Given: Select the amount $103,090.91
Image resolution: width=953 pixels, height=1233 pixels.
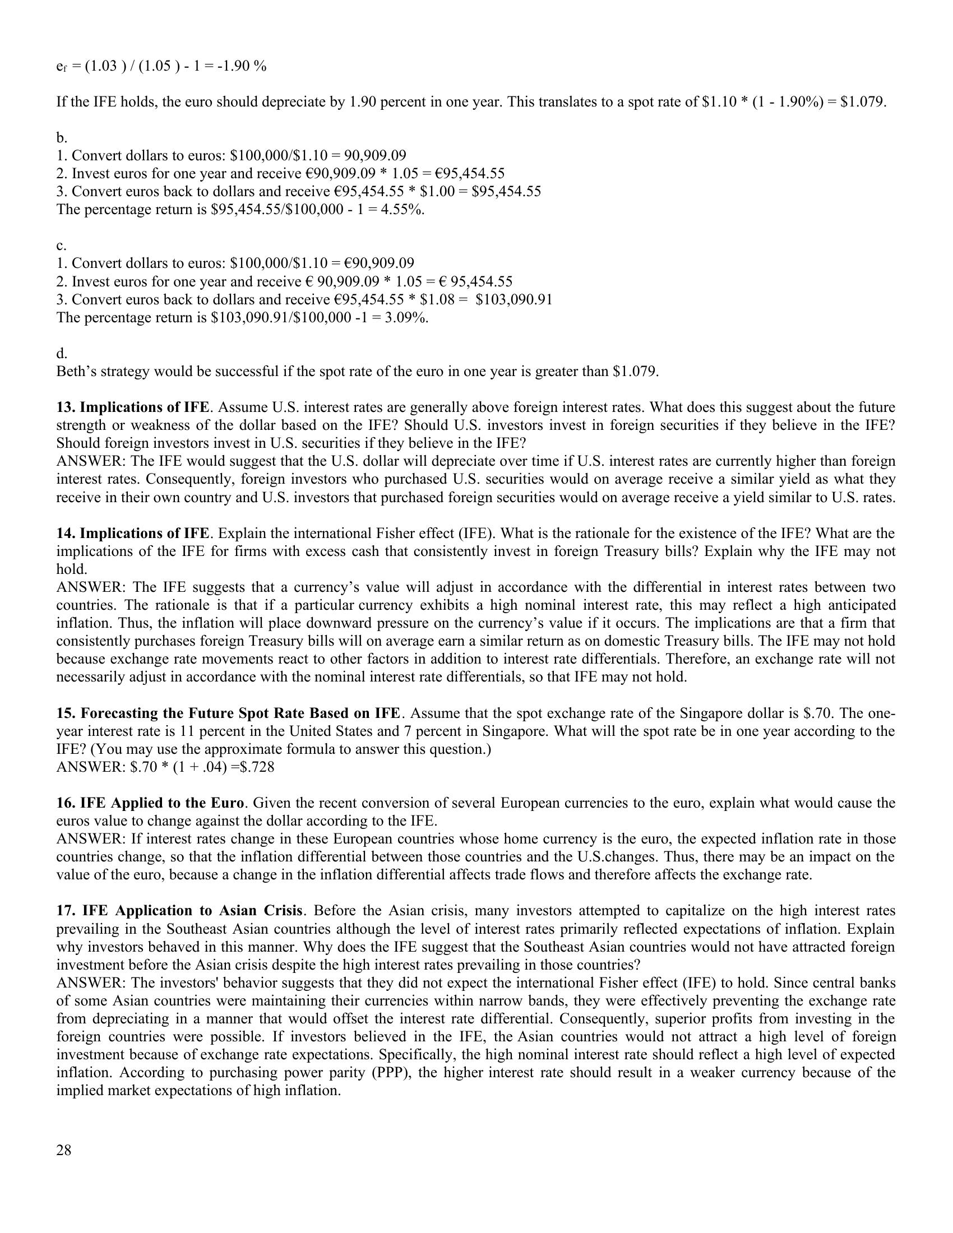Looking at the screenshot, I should pyautogui.click(x=513, y=299).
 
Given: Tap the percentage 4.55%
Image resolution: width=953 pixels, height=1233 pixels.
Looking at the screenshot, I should pyautogui.click(x=407, y=210).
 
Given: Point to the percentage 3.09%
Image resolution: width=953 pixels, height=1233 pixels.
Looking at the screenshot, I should pyautogui.click(x=411, y=317).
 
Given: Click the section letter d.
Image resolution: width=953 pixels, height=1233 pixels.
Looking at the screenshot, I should pyautogui.click(x=62, y=354).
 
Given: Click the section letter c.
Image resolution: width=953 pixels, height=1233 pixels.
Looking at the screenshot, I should pyautogui.click(x=61, y=245).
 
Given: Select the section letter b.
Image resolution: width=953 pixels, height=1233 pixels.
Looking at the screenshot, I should pyautogui.click(x=62, y=138).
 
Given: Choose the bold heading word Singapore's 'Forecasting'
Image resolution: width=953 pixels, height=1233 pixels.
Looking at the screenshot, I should pyautogui.click(x=117, y=713).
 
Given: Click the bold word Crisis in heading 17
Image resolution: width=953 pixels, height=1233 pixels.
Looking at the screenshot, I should pyautogui.click(x=284, y=911).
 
